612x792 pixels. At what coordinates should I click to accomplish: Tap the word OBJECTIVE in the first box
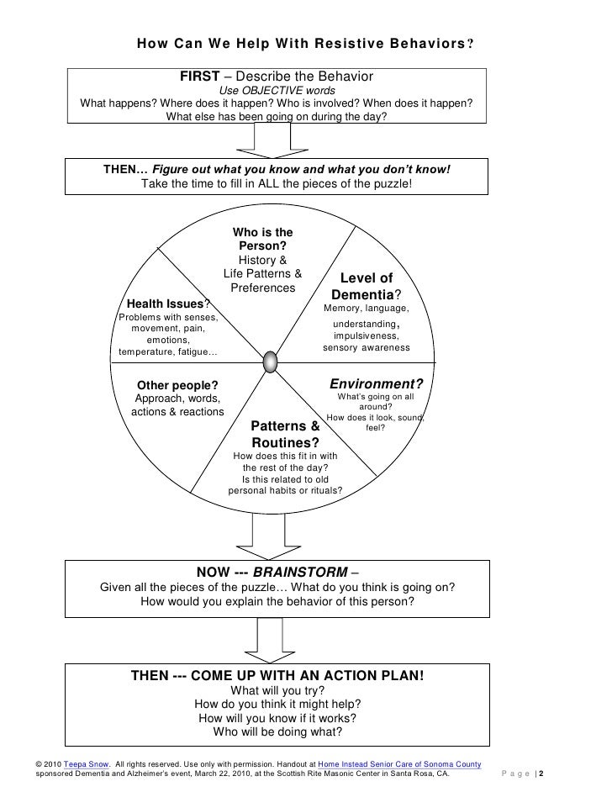(277, 90)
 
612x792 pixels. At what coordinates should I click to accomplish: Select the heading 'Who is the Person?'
(262, 239)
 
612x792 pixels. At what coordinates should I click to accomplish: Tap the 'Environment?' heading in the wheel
(376, 383)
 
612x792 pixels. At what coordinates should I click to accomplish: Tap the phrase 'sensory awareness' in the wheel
(367, 348)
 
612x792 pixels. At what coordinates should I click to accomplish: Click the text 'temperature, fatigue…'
(168, 351)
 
